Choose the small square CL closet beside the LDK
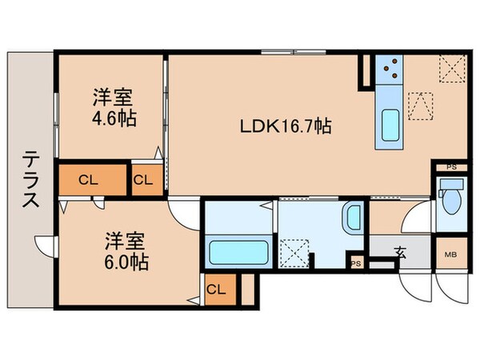(x=143, y=180)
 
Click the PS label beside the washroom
(x=355, y=263)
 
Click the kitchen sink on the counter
(x=391, y=124)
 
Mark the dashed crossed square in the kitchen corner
(x=452, y=70)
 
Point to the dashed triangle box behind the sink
(x=420, y=105)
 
